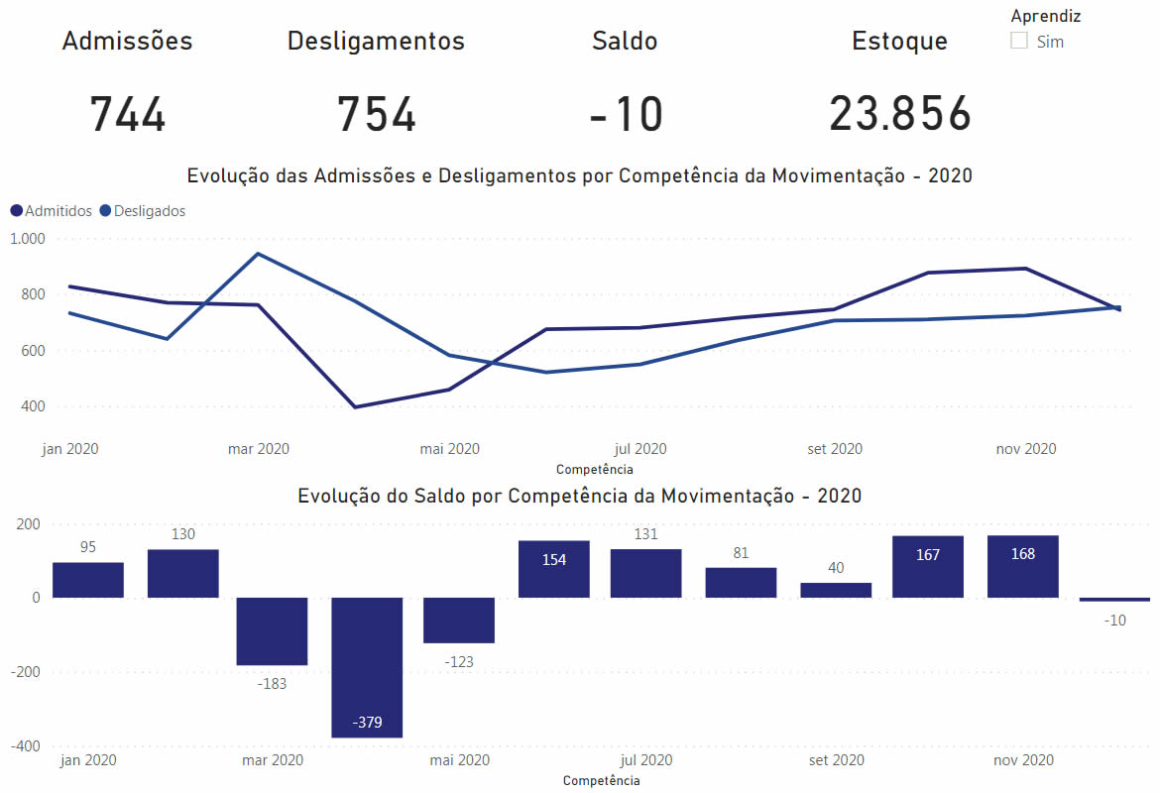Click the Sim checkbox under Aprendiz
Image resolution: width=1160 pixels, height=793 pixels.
click(1019, 41)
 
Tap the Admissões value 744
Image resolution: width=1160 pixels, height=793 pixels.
click(128, 114)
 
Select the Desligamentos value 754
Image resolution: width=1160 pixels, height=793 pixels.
click(376, 114)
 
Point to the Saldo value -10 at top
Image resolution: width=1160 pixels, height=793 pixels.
click(626, 114)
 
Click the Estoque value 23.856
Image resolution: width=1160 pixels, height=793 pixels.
click(900, 114)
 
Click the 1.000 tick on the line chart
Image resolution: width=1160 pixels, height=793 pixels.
click(28, 239)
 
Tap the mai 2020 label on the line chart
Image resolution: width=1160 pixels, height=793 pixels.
click(449, 449)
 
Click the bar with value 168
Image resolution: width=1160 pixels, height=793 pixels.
click(1022, 567)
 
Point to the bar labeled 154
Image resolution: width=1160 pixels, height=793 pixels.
click(554, 569)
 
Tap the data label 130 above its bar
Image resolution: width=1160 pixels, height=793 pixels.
click(182, 534)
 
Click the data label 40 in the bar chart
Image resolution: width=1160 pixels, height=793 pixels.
click(836, 568)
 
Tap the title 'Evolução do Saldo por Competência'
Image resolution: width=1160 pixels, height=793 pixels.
click(580, 496)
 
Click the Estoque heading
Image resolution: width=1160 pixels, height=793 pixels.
click(899, 41)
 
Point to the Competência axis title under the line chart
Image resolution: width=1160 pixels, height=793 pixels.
click(594, 470)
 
